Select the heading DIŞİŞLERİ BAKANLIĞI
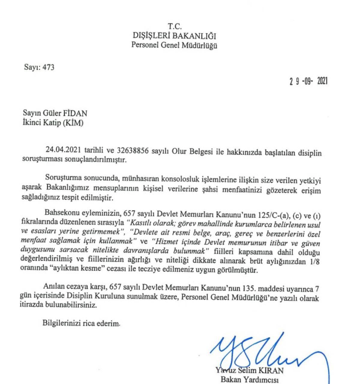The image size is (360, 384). pos(175,36)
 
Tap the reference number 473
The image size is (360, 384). pos(48,68)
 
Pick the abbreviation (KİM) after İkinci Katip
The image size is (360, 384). pos(73,123)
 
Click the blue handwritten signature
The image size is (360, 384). pos(264,351)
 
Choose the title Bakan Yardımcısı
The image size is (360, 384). pos(250,379)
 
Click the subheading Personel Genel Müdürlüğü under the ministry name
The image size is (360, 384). pos(175,46)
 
